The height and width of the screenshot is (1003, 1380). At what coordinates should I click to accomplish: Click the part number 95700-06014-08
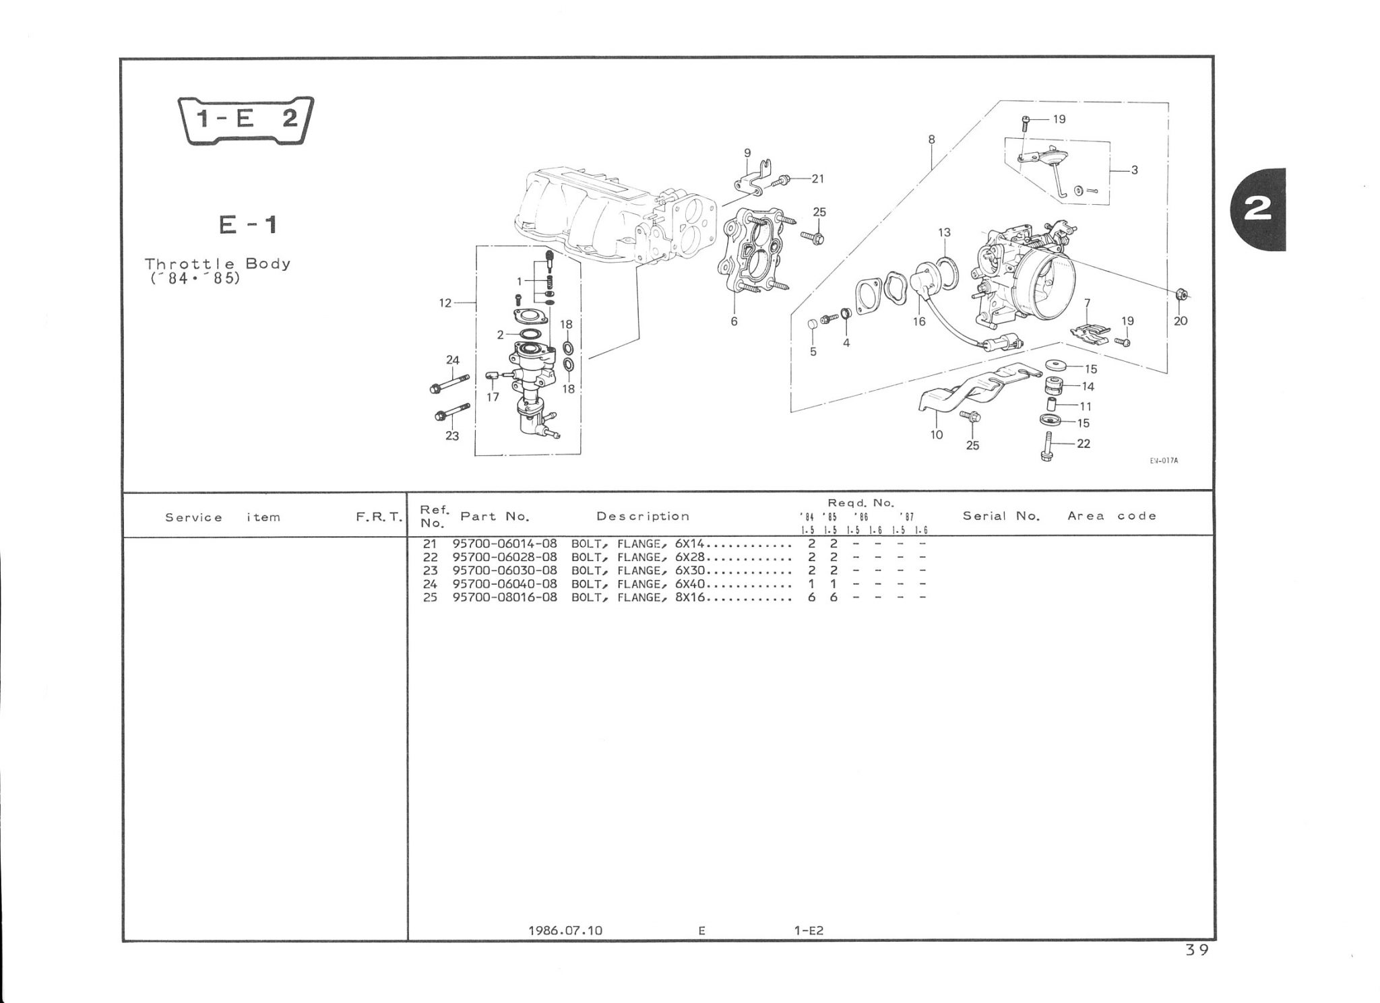pos(505,544)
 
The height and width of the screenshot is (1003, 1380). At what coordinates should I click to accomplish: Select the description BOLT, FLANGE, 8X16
pos(637,597)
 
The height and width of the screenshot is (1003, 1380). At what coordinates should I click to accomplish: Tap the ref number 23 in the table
pos(430,571)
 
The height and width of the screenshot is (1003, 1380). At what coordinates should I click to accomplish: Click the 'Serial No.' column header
pos(1001,516)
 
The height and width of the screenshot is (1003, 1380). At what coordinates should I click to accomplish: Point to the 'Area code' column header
pos(1112,516)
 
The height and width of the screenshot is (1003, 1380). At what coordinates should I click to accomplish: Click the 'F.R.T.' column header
pos(379,517)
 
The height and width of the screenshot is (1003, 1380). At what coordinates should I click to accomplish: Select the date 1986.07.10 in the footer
pos(565,930)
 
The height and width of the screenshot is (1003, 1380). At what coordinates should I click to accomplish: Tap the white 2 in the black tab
pos(1257,209)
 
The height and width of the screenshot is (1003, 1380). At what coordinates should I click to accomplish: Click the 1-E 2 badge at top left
pos(245,121)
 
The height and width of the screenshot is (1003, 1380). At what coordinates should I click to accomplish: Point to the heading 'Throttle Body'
pos(218,263)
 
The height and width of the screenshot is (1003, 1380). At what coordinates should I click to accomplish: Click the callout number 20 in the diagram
pos(1181,321)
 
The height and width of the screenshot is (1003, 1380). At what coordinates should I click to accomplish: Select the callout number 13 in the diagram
pos(944,232)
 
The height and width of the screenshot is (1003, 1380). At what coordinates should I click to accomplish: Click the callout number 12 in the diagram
pos(445,303)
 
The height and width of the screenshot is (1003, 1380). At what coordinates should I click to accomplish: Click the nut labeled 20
pos(1180,294)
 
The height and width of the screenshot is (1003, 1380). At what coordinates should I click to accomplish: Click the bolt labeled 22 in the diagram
pos(1046,447)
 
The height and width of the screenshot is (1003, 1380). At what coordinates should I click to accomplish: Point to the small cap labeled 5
pos(813,325)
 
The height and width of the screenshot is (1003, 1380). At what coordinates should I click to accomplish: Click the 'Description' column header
pos(643,516)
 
